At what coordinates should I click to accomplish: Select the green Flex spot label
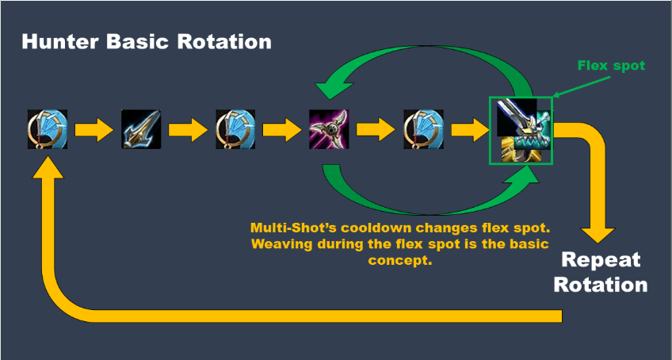611,66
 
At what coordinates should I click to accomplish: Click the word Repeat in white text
601,260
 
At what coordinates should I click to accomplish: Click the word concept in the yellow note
400,260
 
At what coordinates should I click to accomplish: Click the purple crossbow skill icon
329,129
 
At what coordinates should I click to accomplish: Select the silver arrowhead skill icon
141,129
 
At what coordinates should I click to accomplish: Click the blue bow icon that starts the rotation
47,129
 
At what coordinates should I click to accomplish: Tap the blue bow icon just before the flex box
423,129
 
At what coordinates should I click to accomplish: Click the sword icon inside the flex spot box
517,116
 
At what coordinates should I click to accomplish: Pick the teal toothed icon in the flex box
531,134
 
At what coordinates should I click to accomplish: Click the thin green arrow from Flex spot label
581,86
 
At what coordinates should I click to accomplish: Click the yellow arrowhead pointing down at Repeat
598,234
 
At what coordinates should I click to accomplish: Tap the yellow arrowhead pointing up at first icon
48,167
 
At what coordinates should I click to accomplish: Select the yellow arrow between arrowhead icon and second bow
187,129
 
